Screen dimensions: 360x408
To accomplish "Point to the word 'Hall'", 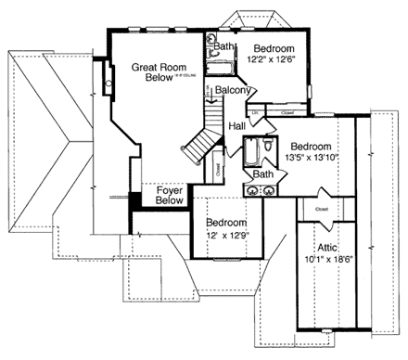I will click(x=236, y=123).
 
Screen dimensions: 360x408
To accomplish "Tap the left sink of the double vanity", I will click(x=250, y=189).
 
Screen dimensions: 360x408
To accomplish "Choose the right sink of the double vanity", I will click(x=269, y=189).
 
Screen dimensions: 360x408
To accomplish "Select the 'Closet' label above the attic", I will click(x=321, y=210).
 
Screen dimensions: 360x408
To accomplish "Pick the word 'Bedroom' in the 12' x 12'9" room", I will click(x=227, y=223).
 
